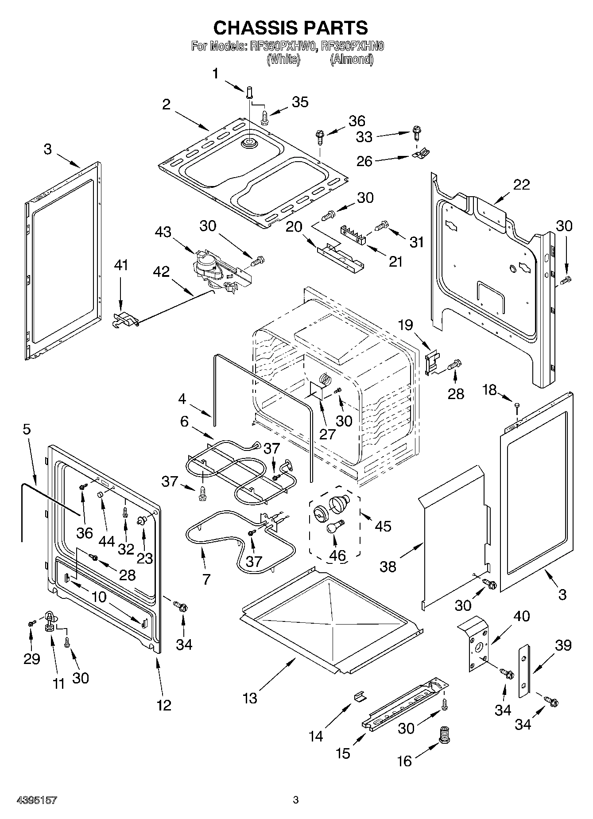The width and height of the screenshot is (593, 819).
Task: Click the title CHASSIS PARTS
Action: click(291, 27)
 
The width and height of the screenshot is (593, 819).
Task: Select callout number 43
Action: click(163, 232)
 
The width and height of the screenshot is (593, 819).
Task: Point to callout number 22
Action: click(521, 185)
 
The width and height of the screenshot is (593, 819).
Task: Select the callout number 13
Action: click(250, 699)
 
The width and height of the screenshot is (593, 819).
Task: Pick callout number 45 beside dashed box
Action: click(383, 526)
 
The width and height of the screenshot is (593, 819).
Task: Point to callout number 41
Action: click(121, 265)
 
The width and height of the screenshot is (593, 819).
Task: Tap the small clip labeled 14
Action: click(360, 697)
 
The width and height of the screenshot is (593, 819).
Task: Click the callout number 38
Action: click(388, 567)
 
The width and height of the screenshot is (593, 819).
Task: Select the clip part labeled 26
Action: click(420, 154)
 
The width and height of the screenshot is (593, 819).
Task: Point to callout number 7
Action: click(207, 579)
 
